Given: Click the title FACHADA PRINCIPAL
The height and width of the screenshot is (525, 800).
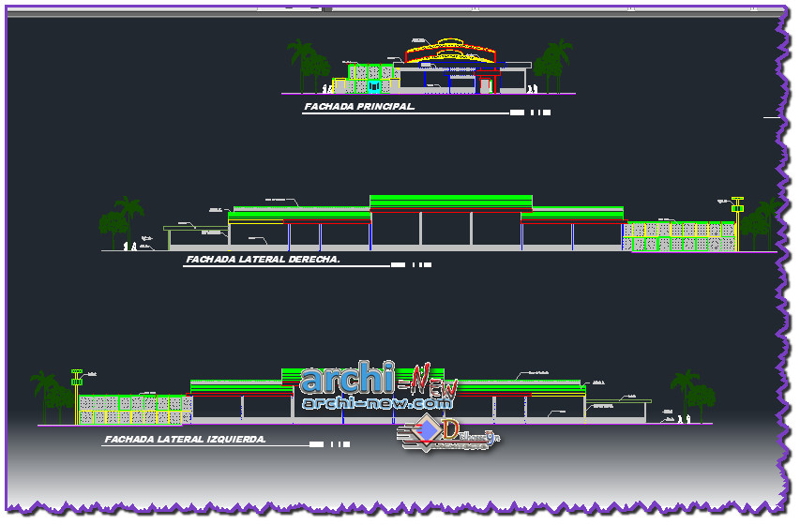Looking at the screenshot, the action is click(x=359, y=107).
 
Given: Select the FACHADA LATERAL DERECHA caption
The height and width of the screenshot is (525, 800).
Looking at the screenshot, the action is click(x=263, y=259).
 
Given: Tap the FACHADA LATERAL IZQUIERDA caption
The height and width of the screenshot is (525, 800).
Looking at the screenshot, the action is click(x=186, y=439).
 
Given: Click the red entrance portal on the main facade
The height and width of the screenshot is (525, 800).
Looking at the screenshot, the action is click(x=486, y=82).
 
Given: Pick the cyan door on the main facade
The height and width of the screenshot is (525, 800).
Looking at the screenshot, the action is click(x=374, y=85).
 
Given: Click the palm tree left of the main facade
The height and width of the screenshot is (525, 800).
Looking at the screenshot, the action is click(x=302, y=61).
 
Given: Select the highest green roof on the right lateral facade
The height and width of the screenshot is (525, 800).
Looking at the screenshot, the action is click(x=451, y=202).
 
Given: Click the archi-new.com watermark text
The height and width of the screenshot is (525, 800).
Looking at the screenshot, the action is click(x=377, y=403).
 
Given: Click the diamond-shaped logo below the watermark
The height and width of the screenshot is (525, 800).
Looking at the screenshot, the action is click(x=428, y=431).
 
